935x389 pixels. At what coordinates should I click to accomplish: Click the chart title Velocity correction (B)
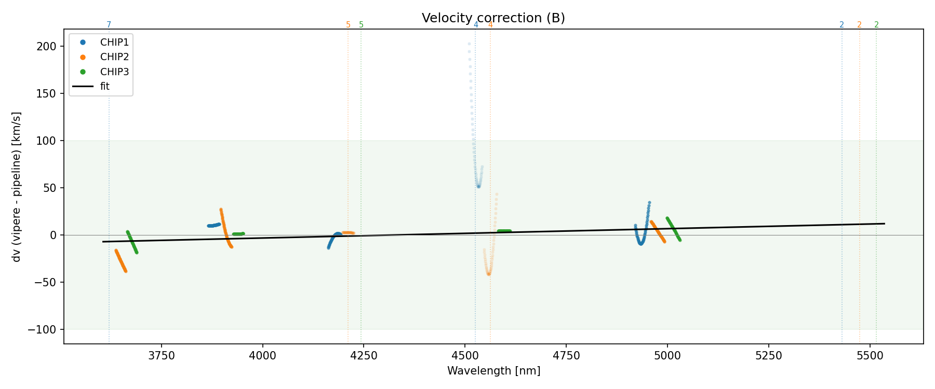click(493, 18)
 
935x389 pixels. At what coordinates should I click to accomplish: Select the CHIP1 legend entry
click(114, 43)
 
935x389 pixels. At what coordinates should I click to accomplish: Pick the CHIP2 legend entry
click(114, 57)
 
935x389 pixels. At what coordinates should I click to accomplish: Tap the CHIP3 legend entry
click(114, 72)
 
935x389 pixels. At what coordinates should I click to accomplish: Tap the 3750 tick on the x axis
click(162, 356)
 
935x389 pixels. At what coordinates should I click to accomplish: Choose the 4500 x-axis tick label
click(465, 356)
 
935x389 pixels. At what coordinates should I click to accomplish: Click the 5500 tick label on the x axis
click(870, 356)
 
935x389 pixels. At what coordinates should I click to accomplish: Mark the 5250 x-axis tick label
click(768, 356)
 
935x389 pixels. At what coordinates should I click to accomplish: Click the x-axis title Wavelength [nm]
click(493, 371)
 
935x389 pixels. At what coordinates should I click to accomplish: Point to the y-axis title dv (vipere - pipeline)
click(17, 187)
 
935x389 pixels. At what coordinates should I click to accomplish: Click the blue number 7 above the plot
click(109, 25)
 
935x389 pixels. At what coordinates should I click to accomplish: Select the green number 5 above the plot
click(362, 25)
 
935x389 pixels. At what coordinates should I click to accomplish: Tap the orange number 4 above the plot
click(490, 25)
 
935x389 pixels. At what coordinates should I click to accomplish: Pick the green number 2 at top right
click(876, 25)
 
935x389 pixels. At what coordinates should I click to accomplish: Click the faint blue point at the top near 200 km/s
click(469, 44)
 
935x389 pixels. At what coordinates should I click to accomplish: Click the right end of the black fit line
click(884, 224)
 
